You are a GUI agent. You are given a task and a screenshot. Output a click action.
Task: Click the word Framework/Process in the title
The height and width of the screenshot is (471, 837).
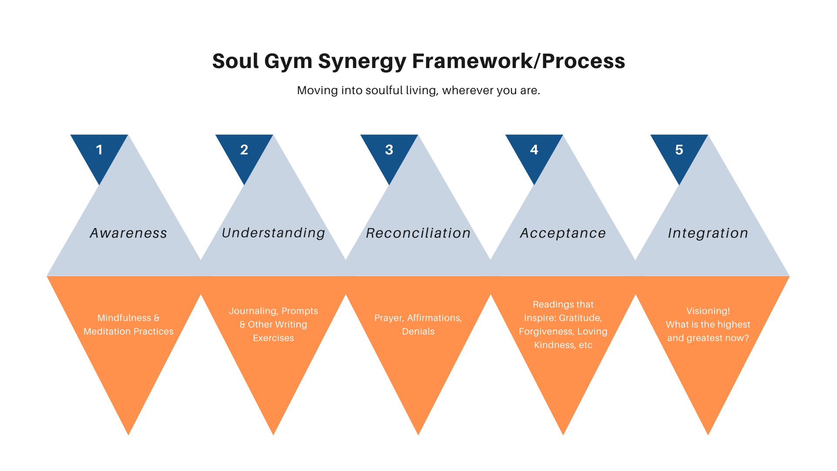518,61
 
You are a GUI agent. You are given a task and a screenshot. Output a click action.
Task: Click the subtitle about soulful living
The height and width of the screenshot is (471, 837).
418,90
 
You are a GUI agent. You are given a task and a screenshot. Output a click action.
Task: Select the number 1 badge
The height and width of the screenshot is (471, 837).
99,150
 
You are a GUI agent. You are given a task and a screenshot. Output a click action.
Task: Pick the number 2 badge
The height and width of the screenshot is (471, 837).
244,150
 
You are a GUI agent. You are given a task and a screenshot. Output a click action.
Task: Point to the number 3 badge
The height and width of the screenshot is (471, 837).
389,150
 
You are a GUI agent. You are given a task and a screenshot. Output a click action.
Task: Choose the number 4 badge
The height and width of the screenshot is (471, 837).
534,150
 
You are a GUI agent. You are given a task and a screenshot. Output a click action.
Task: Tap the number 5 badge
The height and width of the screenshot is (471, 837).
679,150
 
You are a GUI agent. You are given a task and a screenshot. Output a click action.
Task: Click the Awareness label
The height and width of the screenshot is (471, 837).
129,233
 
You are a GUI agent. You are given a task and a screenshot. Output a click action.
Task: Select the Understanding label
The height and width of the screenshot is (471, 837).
273,233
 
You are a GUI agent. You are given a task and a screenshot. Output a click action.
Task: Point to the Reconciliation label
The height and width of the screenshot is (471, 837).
418,233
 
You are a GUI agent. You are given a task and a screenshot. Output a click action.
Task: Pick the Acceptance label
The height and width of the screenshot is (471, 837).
563,233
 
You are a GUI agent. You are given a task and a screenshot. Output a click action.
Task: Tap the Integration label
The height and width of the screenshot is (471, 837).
708,233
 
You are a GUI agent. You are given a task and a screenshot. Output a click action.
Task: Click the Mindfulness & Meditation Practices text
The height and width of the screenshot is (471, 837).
129,324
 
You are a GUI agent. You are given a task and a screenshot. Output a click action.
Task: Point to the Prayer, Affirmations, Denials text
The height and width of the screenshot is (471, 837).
418,324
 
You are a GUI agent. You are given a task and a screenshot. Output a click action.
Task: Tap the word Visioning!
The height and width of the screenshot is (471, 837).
708,311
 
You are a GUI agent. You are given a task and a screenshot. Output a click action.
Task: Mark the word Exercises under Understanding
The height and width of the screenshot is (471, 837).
273,338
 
